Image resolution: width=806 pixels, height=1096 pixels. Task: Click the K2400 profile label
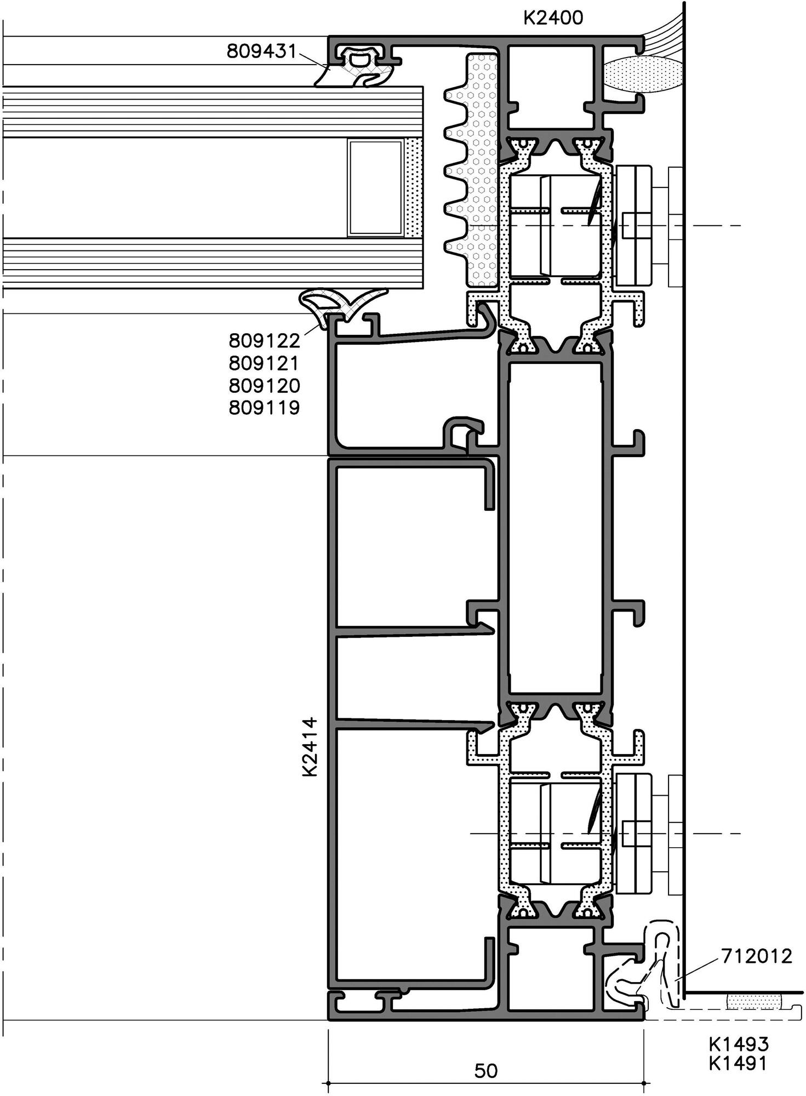553,18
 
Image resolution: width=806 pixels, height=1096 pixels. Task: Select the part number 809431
261,52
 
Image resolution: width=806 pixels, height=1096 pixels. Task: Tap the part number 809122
265,341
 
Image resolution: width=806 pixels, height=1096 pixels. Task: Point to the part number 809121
265,363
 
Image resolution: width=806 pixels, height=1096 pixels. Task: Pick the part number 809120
265,386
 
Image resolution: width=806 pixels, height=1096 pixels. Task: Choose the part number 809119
265,408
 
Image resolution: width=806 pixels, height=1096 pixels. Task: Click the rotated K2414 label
310,746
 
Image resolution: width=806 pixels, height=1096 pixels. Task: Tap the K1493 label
739,1043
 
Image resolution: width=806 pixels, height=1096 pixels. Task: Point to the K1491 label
739,1063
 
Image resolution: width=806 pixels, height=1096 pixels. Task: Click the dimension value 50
485,1070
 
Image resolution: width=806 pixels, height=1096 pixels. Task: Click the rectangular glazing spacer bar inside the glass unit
376,188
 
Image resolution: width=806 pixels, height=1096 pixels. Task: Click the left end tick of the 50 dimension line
328,1083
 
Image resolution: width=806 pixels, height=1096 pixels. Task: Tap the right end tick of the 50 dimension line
643,1083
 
